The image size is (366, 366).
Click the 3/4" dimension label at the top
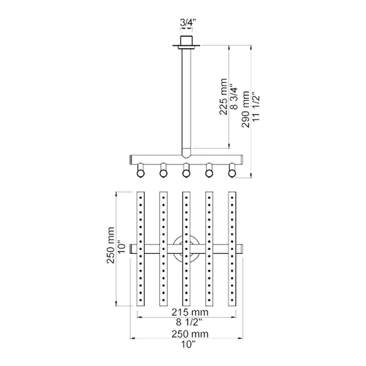coord(186,24)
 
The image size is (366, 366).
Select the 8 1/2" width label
coord(187,321)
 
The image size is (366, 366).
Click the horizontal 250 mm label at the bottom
coord(187,334)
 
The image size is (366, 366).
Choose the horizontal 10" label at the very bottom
coord(187,345)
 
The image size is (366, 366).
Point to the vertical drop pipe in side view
coord(186,98)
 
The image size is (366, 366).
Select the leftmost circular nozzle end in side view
coord(141,173)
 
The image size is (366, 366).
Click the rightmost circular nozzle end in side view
coord(232,173)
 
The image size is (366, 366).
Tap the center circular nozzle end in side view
coord(186,173)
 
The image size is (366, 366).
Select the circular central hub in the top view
coord(186,249)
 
